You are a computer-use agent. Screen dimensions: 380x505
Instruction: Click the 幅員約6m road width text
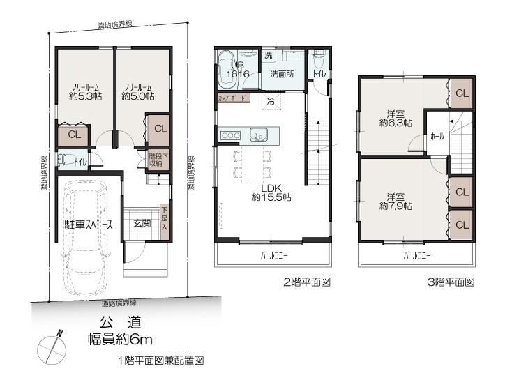pyautogui.click(x=119, y=340)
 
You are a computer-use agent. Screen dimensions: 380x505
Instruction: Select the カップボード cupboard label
pyautogui.click(x=232, y=99)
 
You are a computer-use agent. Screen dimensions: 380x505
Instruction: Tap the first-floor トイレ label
pyautogui.click(x=81, y=162)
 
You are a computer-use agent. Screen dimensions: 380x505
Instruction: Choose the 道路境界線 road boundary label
pyautogui.click(x=119, y=303)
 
